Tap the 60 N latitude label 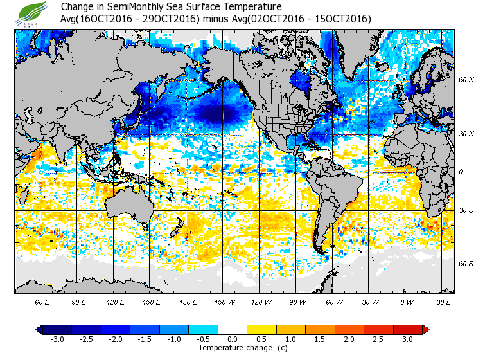click(x=466, y=80)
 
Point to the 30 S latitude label click(x=466, y=211)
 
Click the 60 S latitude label click(x=466, y=264)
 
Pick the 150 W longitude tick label click(x=225, y=301)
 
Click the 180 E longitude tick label click(x=188, y=301)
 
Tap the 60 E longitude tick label click(x=42, y=301)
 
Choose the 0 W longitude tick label click(x=407, y=301)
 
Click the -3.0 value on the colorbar click(x=57, y=339)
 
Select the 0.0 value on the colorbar click(x=233, y=339)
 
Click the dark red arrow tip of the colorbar click(x=426, y=330)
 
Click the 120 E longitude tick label click(x=116, y=301)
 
